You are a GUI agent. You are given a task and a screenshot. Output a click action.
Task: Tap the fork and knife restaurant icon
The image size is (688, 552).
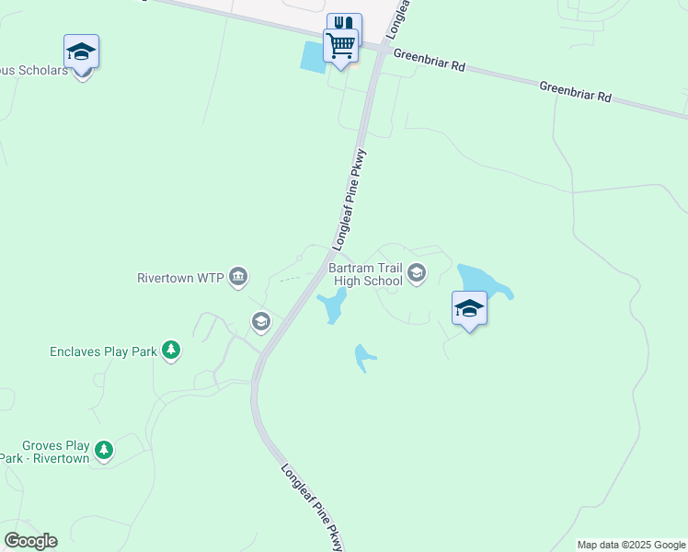pos(344,24)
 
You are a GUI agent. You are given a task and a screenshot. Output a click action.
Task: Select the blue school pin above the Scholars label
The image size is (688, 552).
pos(81,53)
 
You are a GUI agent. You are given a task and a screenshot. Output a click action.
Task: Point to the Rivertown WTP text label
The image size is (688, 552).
pos(180,277)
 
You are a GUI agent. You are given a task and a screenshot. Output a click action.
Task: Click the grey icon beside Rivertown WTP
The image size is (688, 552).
pos(238,275)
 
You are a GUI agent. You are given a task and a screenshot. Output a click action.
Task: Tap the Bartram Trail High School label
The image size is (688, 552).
pos(366,274)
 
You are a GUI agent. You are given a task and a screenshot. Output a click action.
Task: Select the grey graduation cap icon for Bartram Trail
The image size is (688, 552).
pos(417,272)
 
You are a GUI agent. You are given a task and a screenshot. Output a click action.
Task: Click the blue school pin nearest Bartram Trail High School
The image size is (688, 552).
pos(469,309)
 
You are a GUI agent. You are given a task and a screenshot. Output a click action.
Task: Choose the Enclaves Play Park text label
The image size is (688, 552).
pos(103,351)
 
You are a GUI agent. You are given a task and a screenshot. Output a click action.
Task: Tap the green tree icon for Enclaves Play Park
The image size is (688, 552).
pos(170,350)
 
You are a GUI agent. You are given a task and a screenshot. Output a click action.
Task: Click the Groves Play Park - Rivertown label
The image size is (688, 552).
pos(46,450)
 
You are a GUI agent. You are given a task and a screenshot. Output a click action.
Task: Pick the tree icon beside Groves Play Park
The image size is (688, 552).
pos(105,450)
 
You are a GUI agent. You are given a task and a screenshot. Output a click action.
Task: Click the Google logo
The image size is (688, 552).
pos(30,541)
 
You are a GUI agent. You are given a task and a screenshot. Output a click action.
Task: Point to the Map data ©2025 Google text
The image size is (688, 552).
pos(631,545)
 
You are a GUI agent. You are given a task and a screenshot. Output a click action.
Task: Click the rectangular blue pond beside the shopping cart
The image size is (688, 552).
pos(313,58)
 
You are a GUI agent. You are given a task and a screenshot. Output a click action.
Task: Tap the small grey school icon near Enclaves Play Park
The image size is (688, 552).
pos(260,321)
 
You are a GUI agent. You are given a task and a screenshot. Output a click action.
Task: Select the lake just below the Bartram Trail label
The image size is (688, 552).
pos(332,306)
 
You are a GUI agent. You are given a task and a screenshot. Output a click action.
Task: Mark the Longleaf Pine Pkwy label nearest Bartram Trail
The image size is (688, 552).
pos(350,201)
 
